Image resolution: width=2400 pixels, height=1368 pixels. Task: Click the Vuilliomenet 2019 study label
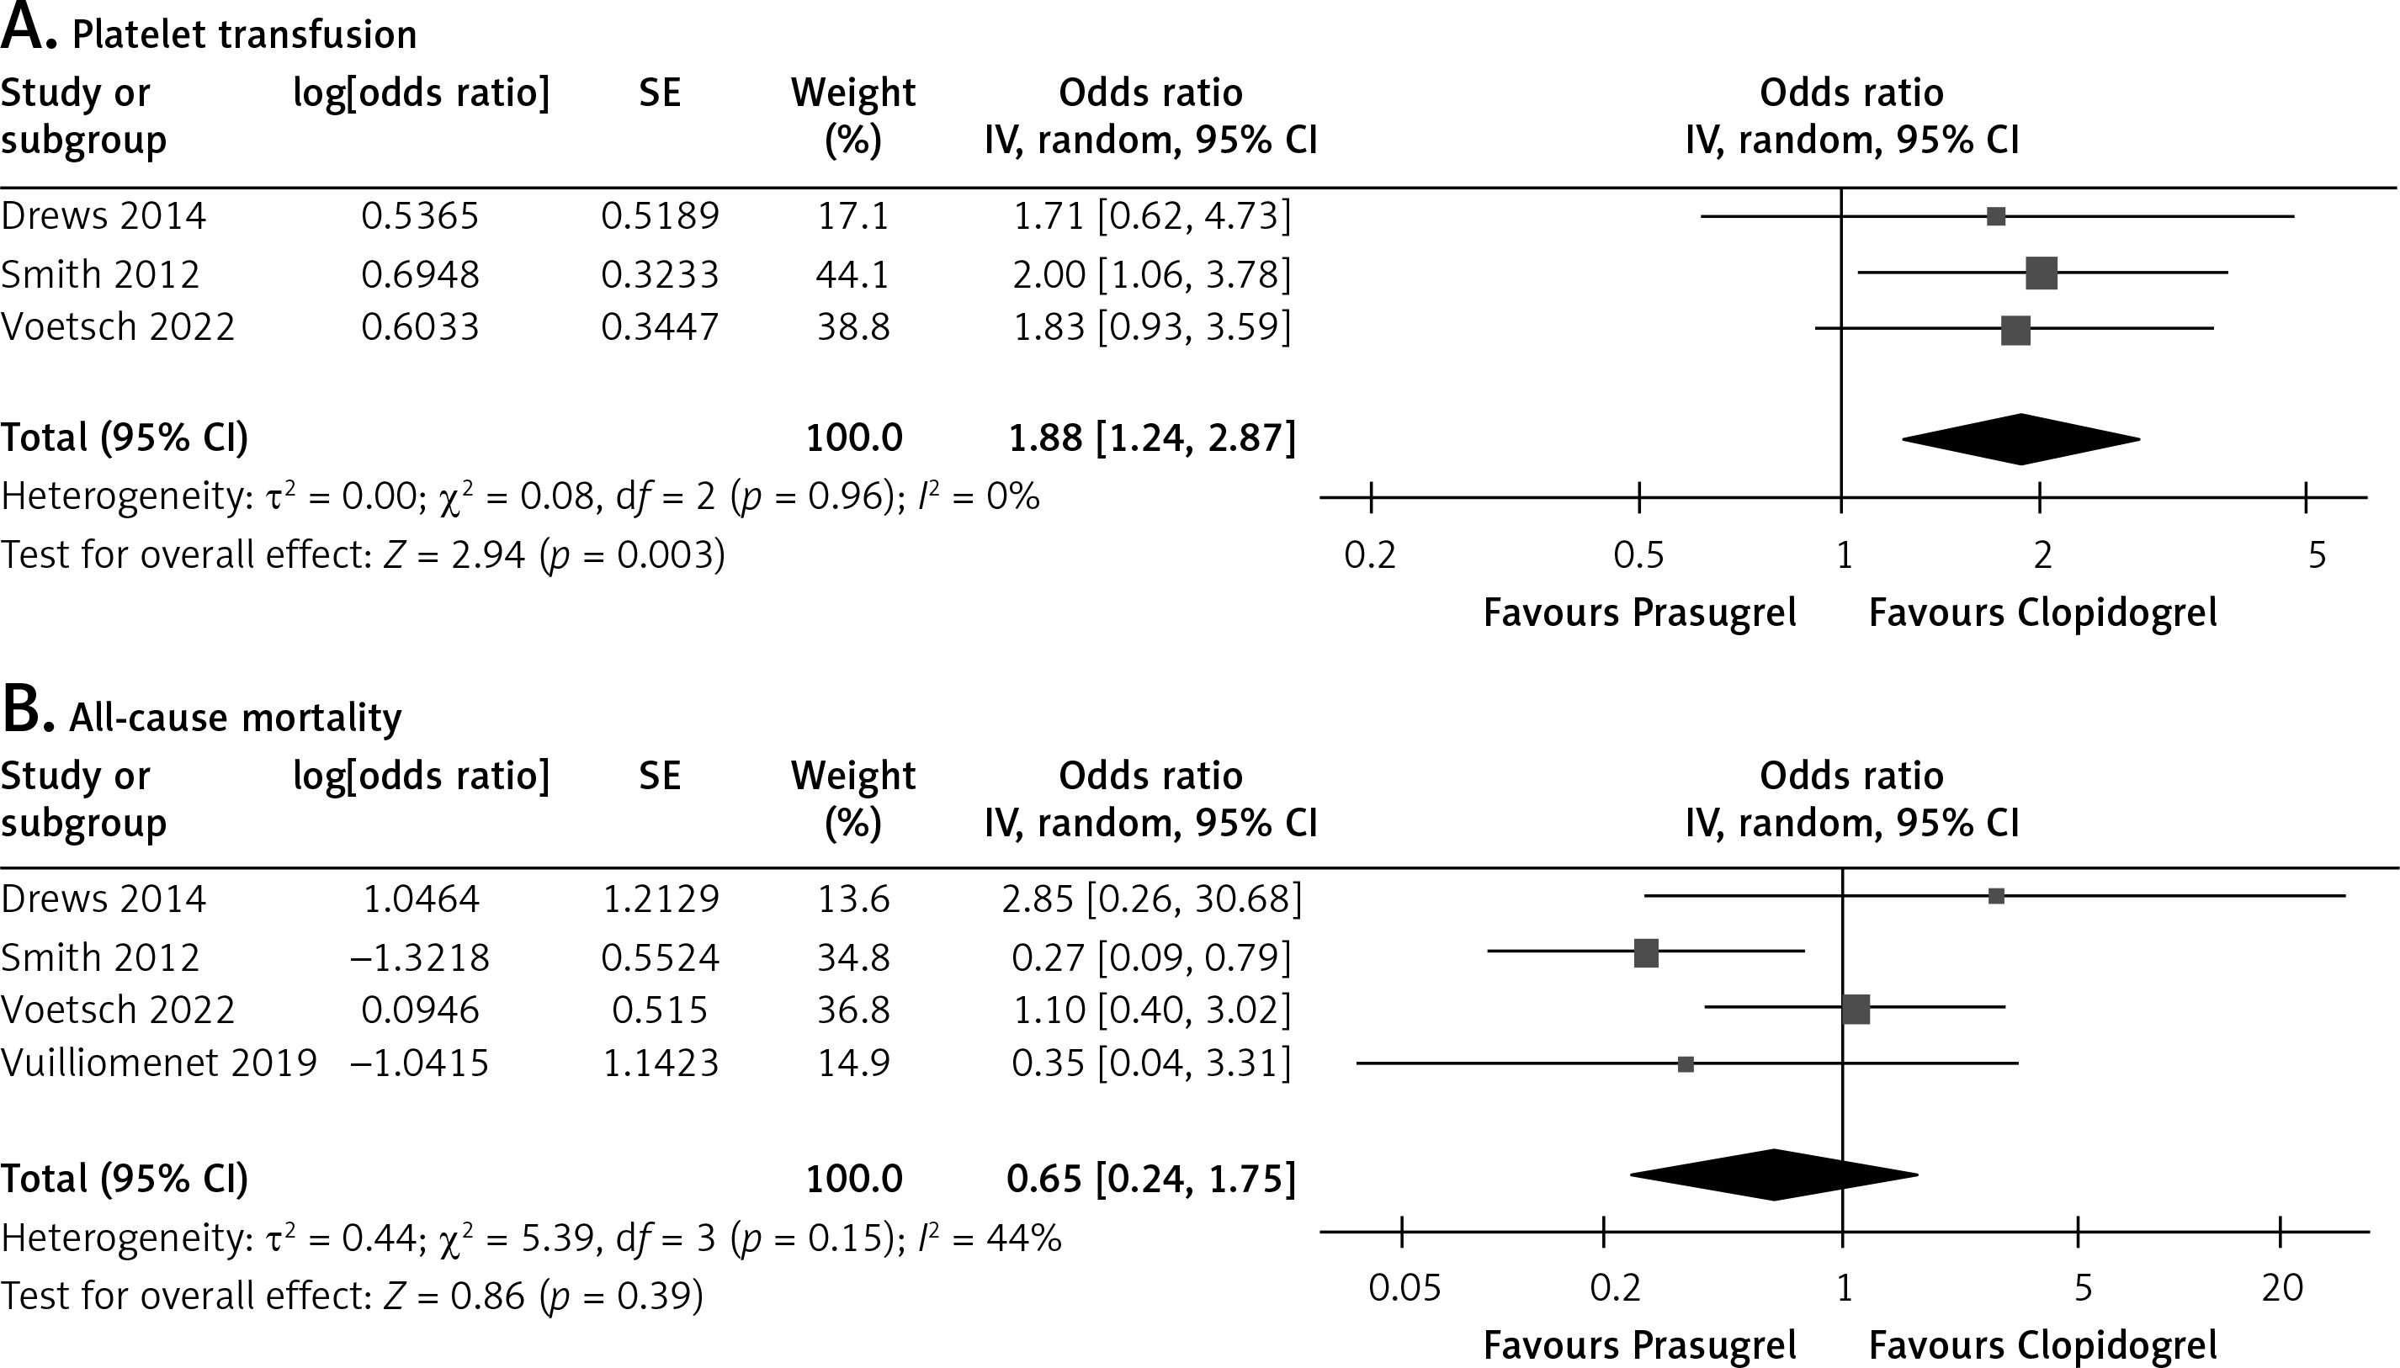[x=159, y=1063]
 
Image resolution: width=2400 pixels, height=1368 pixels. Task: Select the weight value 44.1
[x=852, y=274]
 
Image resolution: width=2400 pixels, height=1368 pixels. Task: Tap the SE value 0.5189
[x=660, y=216]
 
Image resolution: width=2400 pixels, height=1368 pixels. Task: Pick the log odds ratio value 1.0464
[x=420, y=899]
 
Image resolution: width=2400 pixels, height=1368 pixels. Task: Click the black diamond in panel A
[x=2020, y=439]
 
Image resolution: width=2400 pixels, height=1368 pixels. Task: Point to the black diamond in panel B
[x=1773, y=1174]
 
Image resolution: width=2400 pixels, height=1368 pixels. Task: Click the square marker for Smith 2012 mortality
[x=1646, y=952]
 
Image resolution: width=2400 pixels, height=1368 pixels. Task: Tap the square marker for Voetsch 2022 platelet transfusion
[x=2015, y=331]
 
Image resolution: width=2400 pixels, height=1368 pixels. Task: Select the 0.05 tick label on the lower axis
[x=1404, y=1287]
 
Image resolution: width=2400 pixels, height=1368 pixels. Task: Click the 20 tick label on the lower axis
[x=2281, y=1287]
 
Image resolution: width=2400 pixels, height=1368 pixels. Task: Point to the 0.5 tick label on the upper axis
[x=1638, y=555]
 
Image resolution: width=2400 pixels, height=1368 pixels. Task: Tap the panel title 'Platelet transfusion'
[x=243, y=35]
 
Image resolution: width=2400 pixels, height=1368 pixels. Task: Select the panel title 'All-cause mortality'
[x=235, y=718]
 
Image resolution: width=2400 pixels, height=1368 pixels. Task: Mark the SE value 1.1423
[x=660, y=1063]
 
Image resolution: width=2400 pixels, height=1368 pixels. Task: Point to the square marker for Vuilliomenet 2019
[x=1686, y=1063]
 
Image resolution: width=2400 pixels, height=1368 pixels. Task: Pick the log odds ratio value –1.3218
[x=420, y=957]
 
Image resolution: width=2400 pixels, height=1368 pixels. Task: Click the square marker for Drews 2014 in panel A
[x=1996, y=216]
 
